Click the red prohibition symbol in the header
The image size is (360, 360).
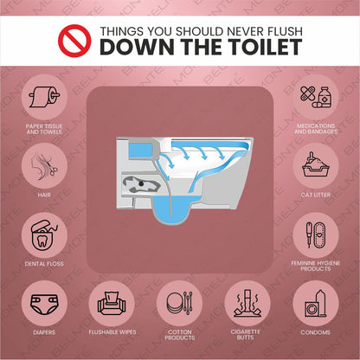[74, 39]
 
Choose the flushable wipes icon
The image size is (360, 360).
[112, 304]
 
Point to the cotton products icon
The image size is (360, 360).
[179, 304]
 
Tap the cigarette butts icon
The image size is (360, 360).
[247, 304]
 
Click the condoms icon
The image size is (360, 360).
[316, 304]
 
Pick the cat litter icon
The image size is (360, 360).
[316, 164]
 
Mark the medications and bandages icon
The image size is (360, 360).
[316, 97]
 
